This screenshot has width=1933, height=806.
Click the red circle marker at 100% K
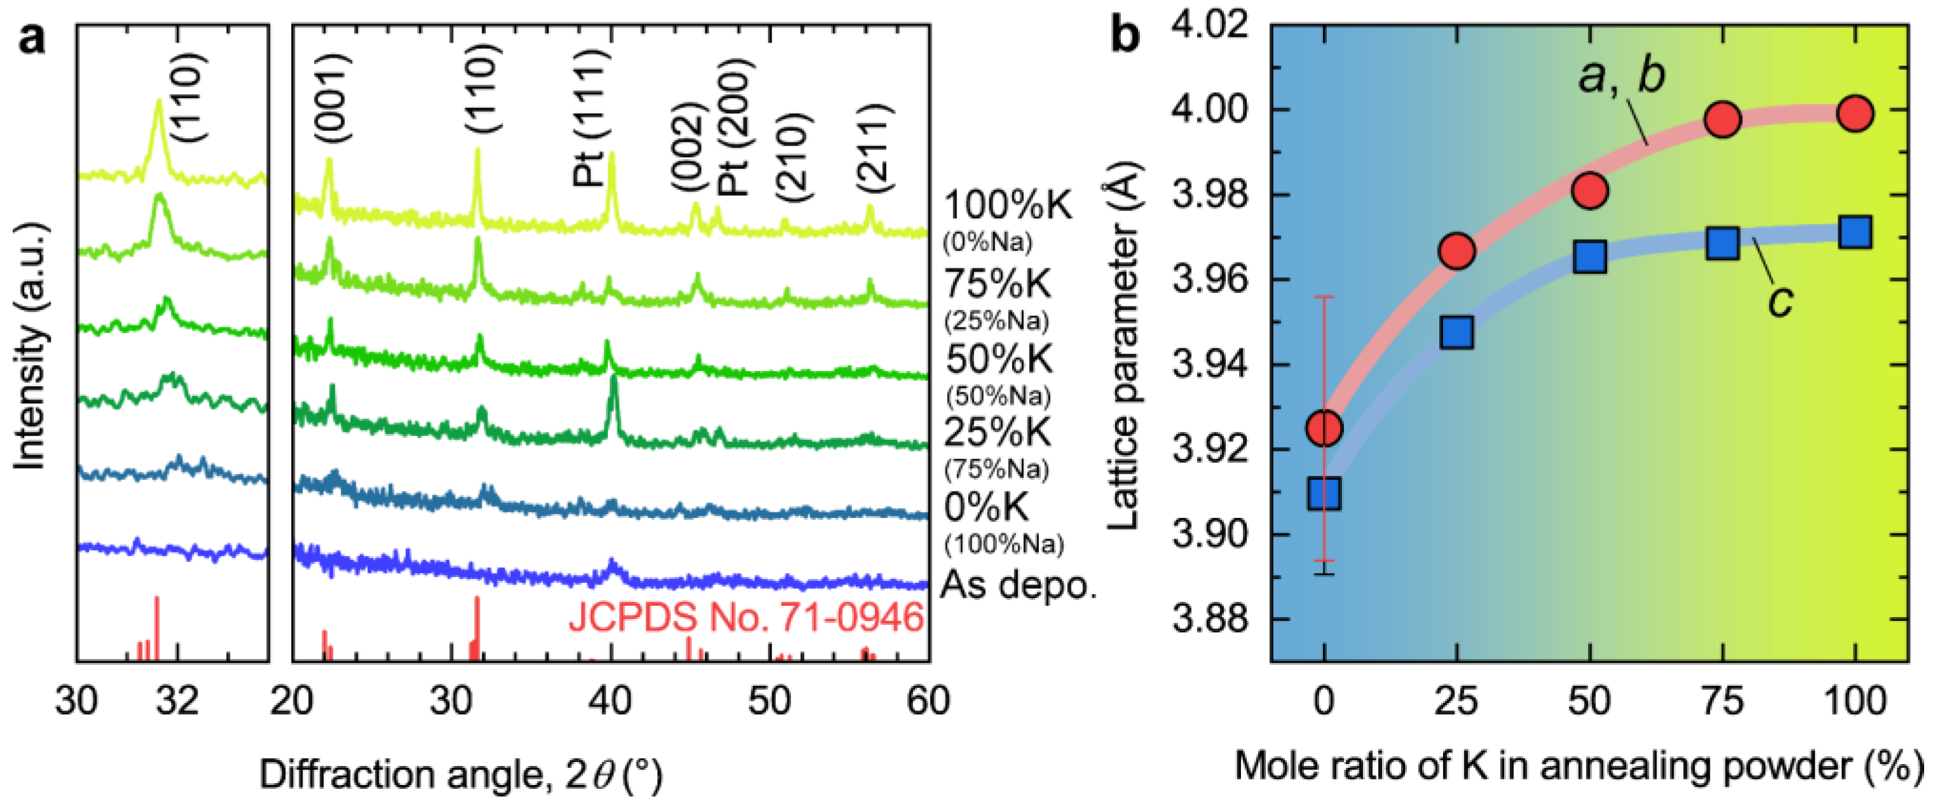pyautogui.click(x=1855, y=114)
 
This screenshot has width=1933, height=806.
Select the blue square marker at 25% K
pyautogui.click(x=1456, y=332)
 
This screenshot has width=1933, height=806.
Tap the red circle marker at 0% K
pyautogui.click(x=1324, y=428)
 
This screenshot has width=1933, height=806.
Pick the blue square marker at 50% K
pyautogui.click(x=1589, y=257)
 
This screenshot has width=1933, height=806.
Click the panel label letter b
pyautogui.click(x=1125, y=36)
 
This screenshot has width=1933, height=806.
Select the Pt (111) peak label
pyautogui.click(x=588, y=119)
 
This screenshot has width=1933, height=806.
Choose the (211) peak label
pyautogui.click(x=874, y=149)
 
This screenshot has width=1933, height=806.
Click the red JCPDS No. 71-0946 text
pyautogui.click(x=745, y=618)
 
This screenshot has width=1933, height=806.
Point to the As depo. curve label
pyautogui.click(x=1018, y=584)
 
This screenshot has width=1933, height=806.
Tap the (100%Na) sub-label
pyautogui.click(x=1004, y=543)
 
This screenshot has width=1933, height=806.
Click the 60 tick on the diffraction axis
pyautogui.click(x=928, y=702)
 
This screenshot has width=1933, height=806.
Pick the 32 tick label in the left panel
pyautogui.click(x=178, y=702)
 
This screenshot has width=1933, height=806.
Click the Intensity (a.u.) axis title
pyautogui.click(x=31, y=346)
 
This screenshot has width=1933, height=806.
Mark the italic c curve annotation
pyautogui.click(x=1780, y=302)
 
